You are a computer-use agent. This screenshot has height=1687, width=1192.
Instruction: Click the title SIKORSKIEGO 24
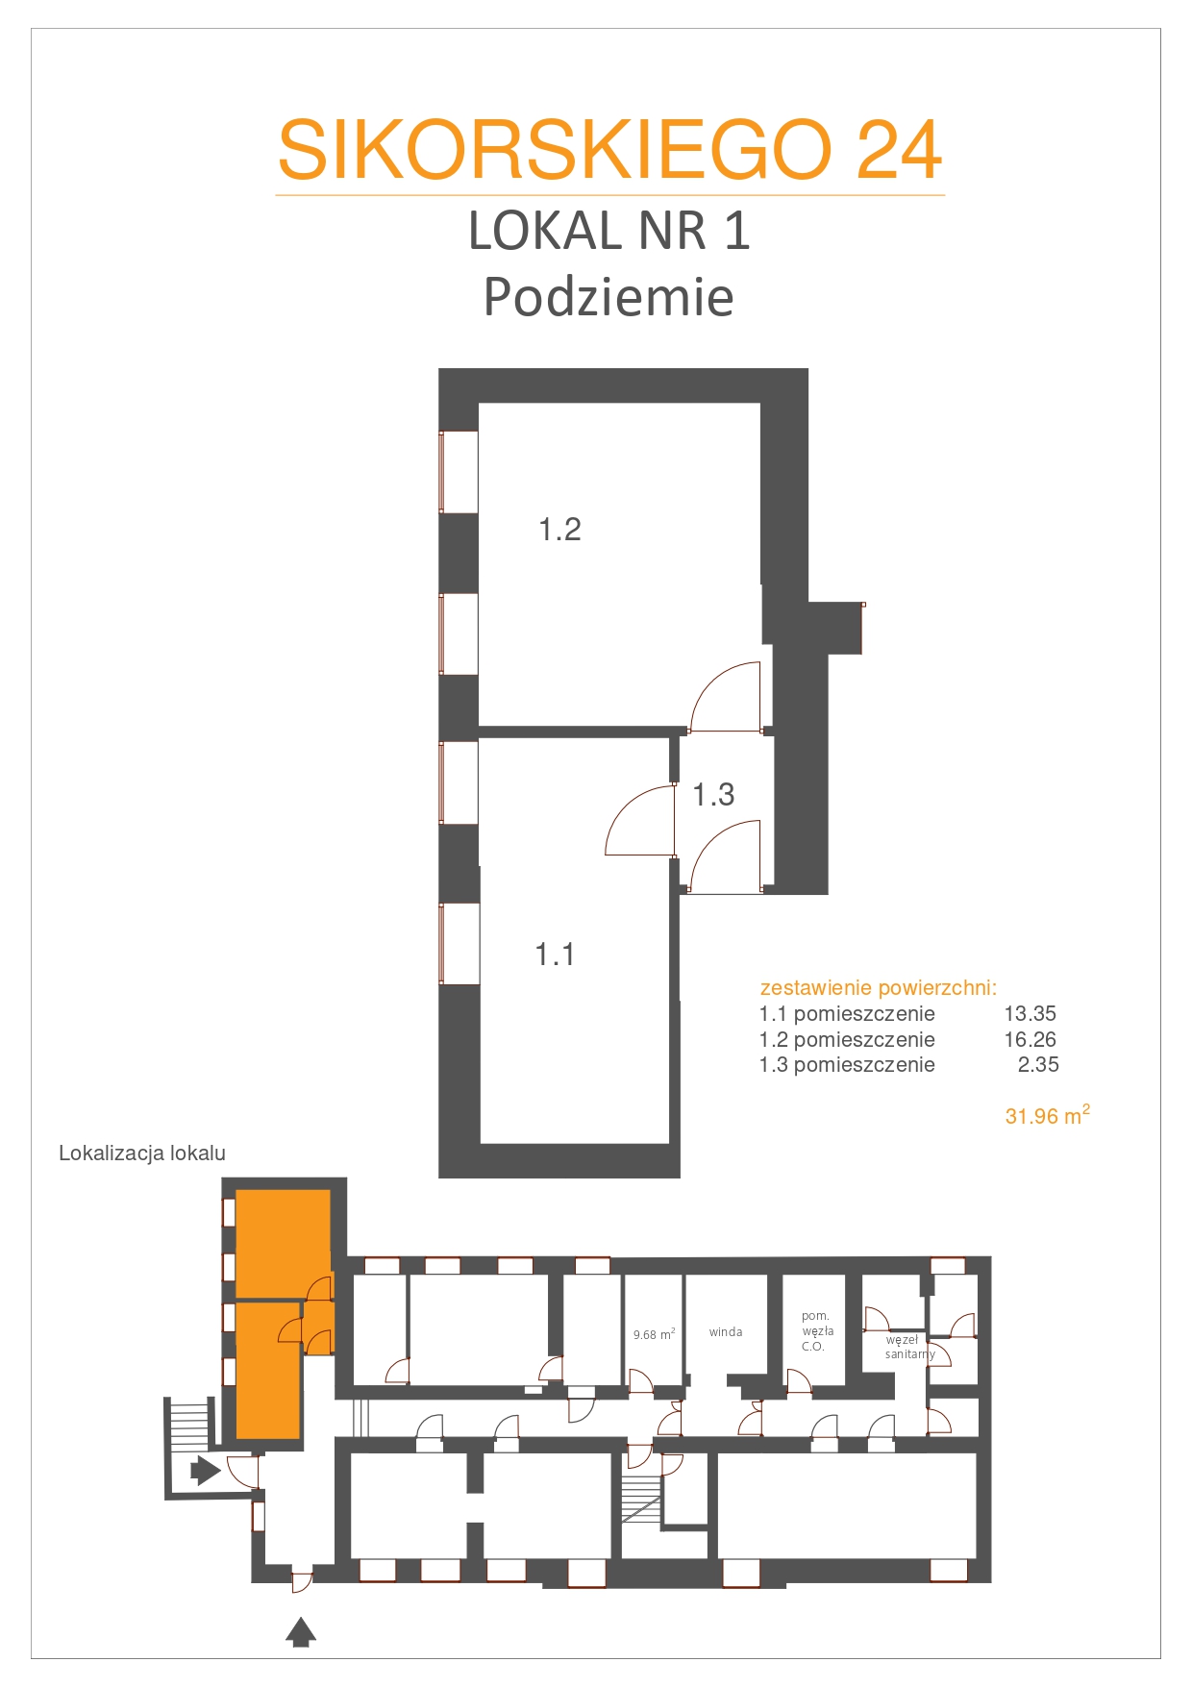click(609, 150)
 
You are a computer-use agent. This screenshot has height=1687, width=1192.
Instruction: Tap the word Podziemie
click(608, 297)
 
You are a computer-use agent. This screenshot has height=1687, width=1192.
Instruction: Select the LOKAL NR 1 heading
click(608, 231)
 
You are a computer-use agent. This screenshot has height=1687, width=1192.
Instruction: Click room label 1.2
click(559, 530)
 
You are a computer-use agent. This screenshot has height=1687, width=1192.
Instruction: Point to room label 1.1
click(555, 955)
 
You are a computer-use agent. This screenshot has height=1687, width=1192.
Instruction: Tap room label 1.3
click(713, 794)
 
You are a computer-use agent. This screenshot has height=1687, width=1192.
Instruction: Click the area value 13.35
click(1030, 1013)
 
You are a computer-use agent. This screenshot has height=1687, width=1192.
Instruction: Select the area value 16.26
click(1030, 1039)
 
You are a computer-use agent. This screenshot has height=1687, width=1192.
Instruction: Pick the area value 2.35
click(1038, 1064)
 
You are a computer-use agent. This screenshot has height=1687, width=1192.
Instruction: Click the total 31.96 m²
click(1047, 1115)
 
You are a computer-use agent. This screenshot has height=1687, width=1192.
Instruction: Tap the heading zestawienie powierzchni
click(879, 988)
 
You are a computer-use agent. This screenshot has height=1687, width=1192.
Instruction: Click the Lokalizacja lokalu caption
click(142, 1154)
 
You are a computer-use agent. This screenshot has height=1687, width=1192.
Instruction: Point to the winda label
click(726, 1332)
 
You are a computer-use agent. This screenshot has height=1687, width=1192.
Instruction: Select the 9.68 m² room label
click(654, 1334)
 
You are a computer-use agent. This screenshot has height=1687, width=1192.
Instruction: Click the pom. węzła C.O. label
click(817, 1331)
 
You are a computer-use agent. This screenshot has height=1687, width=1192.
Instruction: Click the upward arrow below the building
click(301, 1632)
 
